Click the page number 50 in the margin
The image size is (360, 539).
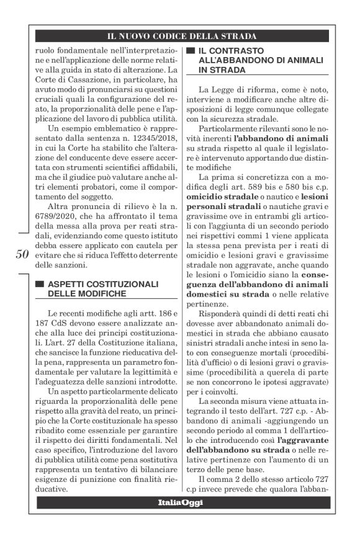(21, 255)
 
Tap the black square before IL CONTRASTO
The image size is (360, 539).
(191, 50)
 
